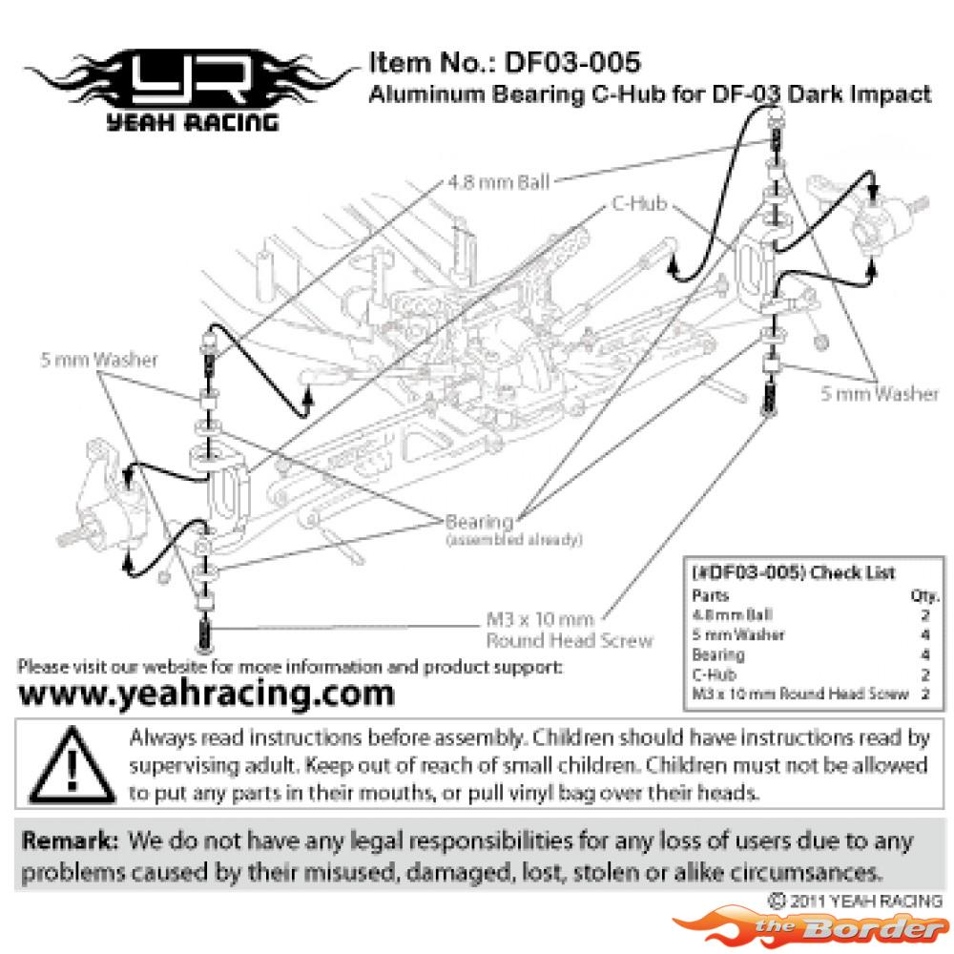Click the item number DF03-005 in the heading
(x=572, y=62)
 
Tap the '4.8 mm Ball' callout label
(x=498, y=182)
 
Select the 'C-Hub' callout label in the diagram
(x=639, y=203)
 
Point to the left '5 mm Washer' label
(x=99, y=360)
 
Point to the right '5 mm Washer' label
(x=880, y=394)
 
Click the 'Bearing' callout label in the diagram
(x=480, y=522)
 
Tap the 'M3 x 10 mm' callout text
(x=540, y=619)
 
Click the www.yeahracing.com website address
(x=207, y=694)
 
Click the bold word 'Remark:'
(x=70, y=840)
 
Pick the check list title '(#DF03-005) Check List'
(x=794, y=572)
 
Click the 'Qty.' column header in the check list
(x=924, y=595)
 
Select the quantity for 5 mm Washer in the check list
(x=925, y=635)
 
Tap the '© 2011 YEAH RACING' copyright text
(x=855, y=901)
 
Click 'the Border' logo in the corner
(x=812, y=927)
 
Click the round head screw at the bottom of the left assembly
(x=204, y=633)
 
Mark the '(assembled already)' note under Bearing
(x=514, y=540)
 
